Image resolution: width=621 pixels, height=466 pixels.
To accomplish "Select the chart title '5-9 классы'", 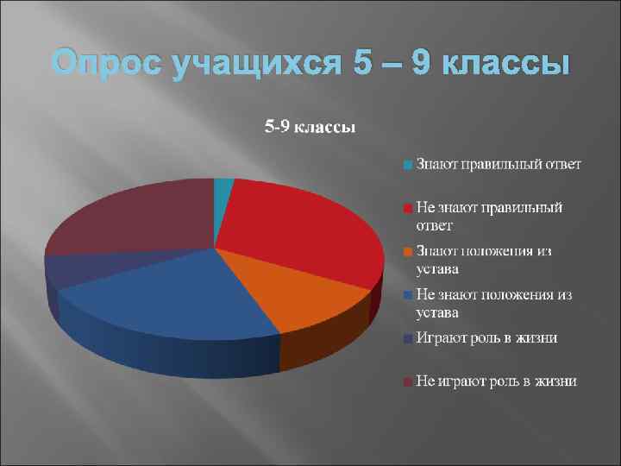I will point(310,128).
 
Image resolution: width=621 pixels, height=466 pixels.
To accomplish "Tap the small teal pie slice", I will point(223,190).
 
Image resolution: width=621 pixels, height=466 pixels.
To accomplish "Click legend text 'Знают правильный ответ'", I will point(499,164).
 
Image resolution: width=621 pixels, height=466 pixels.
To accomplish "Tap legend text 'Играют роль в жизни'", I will point(486,337).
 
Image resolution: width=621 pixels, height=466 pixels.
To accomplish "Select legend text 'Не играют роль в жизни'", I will point(496,381).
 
